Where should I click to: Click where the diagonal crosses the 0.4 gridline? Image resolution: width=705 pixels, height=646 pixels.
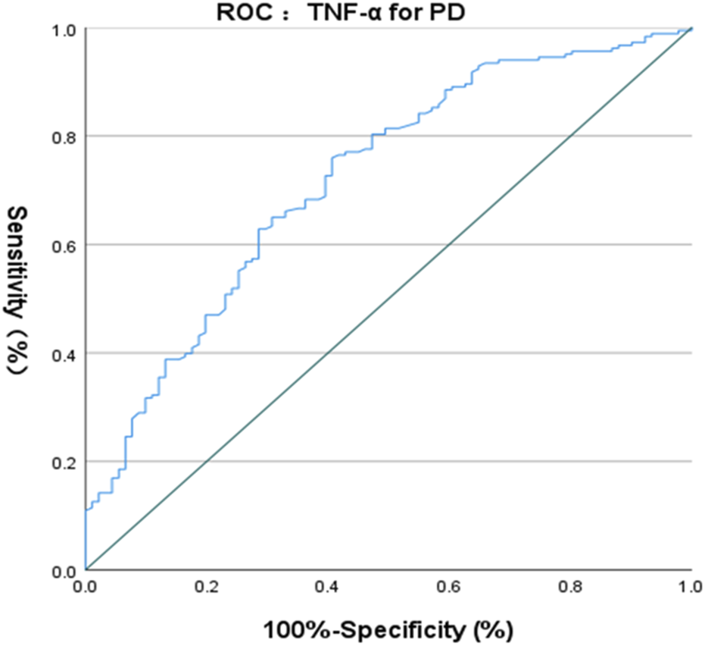[328, 353]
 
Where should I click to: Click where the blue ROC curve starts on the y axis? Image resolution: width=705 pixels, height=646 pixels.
[86, 510]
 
